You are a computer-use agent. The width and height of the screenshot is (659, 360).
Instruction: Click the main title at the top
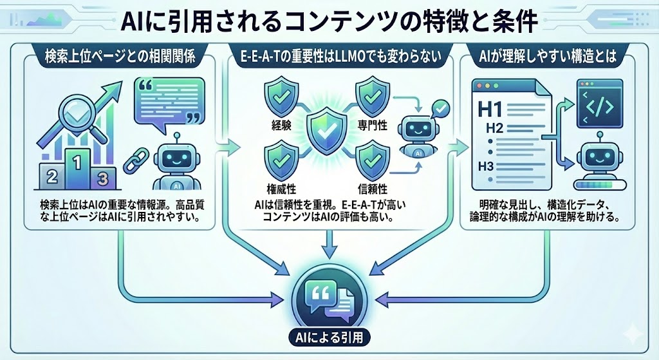329,23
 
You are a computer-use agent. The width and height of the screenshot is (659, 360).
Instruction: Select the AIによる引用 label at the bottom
329,336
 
